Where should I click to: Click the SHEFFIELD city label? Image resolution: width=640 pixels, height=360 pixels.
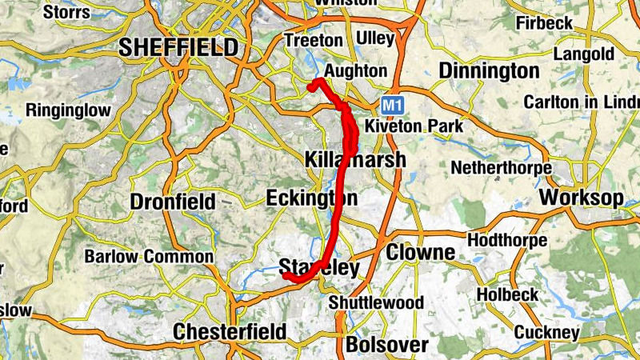[x=178, y=47]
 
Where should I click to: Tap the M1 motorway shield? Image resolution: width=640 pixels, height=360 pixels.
[x=390, y=104]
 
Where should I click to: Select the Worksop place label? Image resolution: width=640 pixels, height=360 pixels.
[x=582, y=198]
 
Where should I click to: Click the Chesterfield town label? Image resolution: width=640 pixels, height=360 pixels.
[x=230, y=331]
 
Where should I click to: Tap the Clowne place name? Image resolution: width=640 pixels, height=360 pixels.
[x=421, y=253]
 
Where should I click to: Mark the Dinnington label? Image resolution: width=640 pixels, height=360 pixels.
[x=490, y=71]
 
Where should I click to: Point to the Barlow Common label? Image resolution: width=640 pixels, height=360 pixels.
[x=149, y=257]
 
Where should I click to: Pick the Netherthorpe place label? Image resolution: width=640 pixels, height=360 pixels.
[x=502, y=168]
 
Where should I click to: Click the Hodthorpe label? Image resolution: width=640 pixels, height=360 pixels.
[x=506, y=240]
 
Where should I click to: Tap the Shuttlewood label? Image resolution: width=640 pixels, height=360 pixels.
[x=376, y=302]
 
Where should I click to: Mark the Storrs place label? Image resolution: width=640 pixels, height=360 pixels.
[x=66, y=12]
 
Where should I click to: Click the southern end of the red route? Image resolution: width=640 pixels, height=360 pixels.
[x=285, y=276]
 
